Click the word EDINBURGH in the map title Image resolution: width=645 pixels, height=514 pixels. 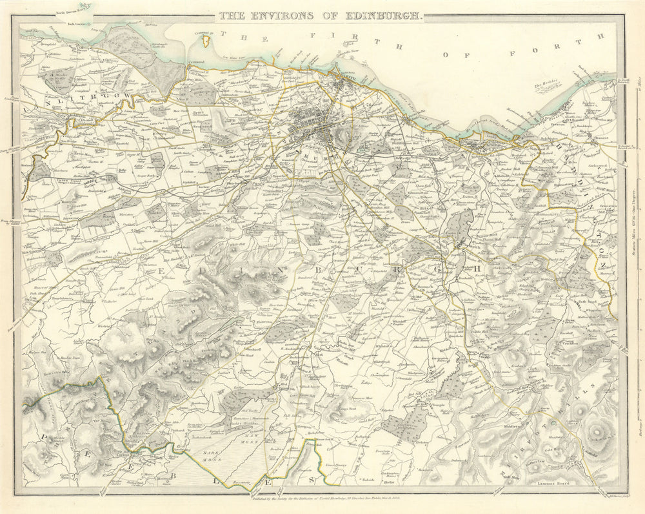[x=384, y=15]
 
